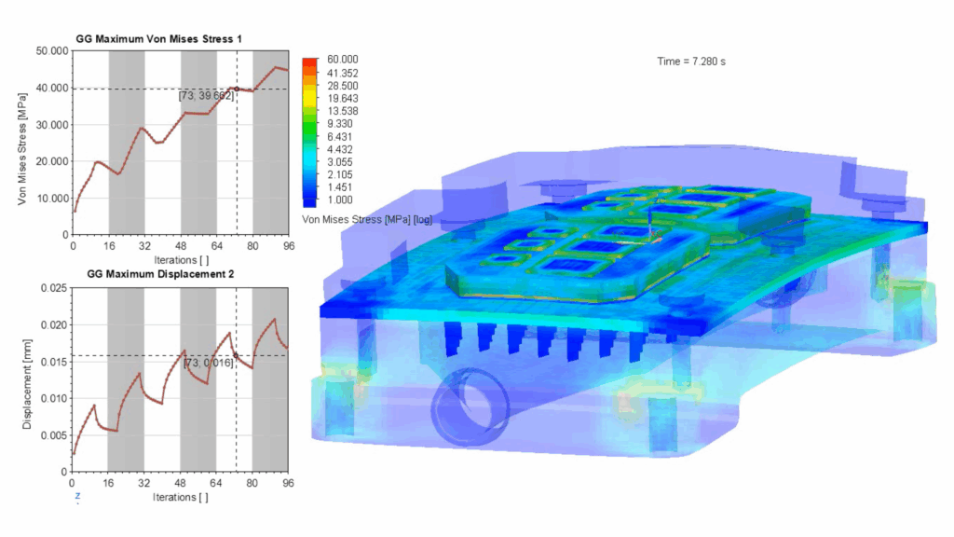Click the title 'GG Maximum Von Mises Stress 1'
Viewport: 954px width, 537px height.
coord(158,39)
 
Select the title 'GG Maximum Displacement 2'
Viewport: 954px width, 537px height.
coord(160,274)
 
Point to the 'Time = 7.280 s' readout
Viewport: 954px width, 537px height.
coord(691,62)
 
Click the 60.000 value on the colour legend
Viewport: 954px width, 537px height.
coord(343,60)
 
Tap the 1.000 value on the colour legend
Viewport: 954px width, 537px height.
coord(340,200)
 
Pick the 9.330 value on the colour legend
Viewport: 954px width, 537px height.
coord(340,124)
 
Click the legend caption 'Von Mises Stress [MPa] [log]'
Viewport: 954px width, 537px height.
coord(367,219)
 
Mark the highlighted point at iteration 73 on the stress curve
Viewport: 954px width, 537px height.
coord(237,89)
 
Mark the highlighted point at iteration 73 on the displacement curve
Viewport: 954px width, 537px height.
coord(236,355)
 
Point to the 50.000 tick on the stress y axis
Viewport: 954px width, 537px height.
coord(52,51)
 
